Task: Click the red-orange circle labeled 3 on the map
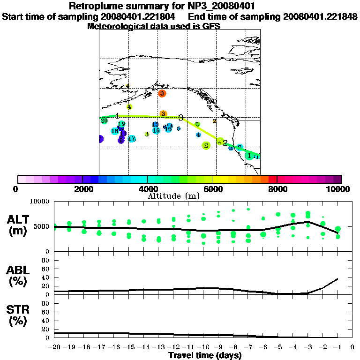pyautogui.click(x=162, y=94)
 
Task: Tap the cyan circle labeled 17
pyautogui.click(x=132, y=139)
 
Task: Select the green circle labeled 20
pyautogui.click(x=104, y=120)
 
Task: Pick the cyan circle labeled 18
pyautogui.click(x=114, y=131)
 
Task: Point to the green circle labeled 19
pyautogui.click(x=121, y=124)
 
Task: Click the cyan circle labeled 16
pyautogui.click(x=156, y=130)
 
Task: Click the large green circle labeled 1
pyautogui.click(x=249, y=155)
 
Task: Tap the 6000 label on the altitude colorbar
pyautogui.click(x=212, y=189)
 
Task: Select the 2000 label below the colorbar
pyautogui.click(x=82, y=189)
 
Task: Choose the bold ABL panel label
pyautogui.click(x=18, y=276)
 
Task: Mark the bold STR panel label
pyautogui.click(x=18, y=315)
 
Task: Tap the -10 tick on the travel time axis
pyautogui.click(x=203, y=348)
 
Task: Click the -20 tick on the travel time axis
pyautogui.click(x=54, y=348)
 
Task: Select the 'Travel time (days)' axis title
pyautogui.click(x=205, y=356)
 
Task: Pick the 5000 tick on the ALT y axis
pyautogui.click(x=43, y=226)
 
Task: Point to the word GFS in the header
pyautogui.click(x=210, y=26)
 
